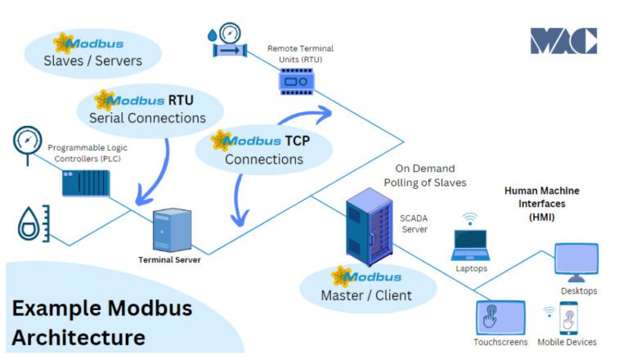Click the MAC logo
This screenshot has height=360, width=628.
click(563, 41)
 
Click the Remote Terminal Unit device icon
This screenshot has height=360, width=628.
click(300, 78)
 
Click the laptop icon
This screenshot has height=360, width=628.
click(470, 244)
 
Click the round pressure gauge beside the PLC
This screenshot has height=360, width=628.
click(27, 142)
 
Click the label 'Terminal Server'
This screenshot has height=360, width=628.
click(170, 260)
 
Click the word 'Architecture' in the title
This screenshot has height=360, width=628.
click(78, 336)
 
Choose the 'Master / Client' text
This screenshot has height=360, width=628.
click(366, 295)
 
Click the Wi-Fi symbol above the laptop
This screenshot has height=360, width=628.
click(469, 218)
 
